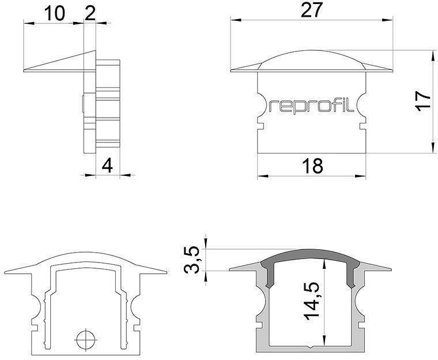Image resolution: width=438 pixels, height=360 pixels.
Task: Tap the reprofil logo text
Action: [x=312, y=106]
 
